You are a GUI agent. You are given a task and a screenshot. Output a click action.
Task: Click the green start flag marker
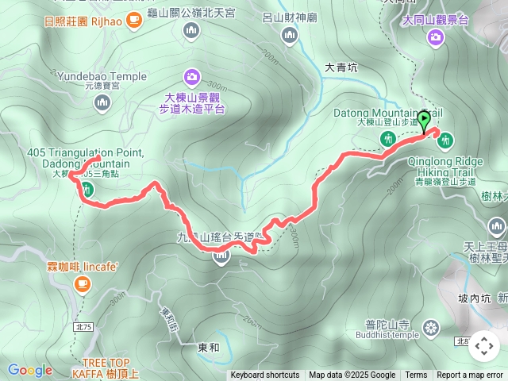click(x=424, y=121)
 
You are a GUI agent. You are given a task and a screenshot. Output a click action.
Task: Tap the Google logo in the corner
click(x=29, y=370)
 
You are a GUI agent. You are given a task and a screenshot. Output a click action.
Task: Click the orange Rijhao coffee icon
click(x=134, y=20)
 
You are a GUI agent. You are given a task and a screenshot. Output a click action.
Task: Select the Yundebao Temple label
click(x=102, y=76)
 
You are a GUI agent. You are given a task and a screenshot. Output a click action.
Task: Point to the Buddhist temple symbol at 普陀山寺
click(x=431, y=327)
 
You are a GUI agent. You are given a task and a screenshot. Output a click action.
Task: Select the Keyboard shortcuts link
click(x=264, y=375)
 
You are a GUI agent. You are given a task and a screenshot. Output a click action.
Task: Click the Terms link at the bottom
click(x=416, y=375)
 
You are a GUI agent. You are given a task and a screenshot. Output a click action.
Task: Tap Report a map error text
click(x=469, y=375)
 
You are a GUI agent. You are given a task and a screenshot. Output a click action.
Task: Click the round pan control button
click(x=483, y=346)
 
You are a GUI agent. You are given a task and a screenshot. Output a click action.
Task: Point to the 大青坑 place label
click(x=341, y=68)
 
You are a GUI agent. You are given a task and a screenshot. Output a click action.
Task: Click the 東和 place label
click(x=208, y=347)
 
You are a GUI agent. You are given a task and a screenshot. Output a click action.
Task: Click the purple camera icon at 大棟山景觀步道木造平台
click(x=191, y=77)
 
